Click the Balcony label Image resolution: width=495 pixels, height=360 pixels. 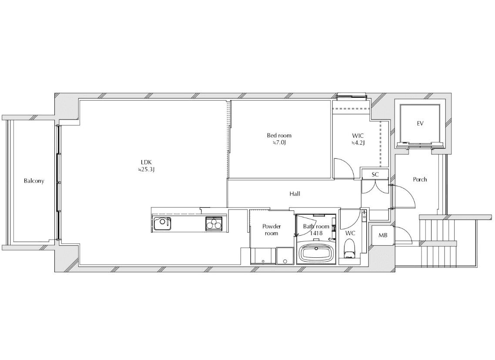(x=34, y=181)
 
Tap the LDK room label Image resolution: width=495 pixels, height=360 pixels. (x=146, y=162)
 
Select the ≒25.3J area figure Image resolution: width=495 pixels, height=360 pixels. (x=146, y=170)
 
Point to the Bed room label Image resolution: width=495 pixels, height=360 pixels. (x=279, y=135)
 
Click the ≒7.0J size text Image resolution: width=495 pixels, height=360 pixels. (x=279, y=143)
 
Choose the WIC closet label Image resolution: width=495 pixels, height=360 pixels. (x=358, y=136)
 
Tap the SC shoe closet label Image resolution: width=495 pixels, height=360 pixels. (x=375, y=174)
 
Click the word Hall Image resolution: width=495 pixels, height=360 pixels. (x=295, y=194)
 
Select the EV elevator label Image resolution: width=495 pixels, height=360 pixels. (x=420, y=123)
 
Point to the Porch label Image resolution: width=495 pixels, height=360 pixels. (x=420, y=179)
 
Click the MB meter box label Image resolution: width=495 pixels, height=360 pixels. (x=383, y=235)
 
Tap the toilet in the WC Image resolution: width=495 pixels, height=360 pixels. (x=349, y=249)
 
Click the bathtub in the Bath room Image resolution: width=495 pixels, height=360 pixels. (x=316, y=253)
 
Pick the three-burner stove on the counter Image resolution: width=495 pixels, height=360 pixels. (x=214, y=224)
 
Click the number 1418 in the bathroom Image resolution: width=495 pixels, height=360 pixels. (x=316, y=233)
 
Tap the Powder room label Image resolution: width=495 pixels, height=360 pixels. (x=271, y=230)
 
